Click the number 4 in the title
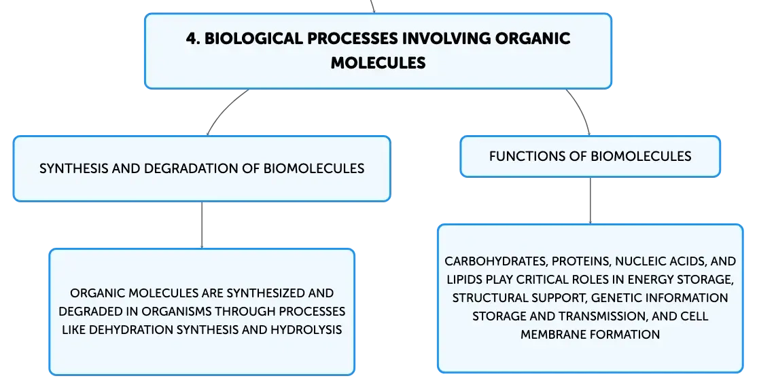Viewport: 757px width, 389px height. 192,39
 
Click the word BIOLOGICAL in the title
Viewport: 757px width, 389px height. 253,39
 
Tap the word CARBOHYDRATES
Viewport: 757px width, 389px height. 496,261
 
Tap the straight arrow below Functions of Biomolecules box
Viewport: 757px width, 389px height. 590,200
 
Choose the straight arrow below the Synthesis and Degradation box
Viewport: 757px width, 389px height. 202,225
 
